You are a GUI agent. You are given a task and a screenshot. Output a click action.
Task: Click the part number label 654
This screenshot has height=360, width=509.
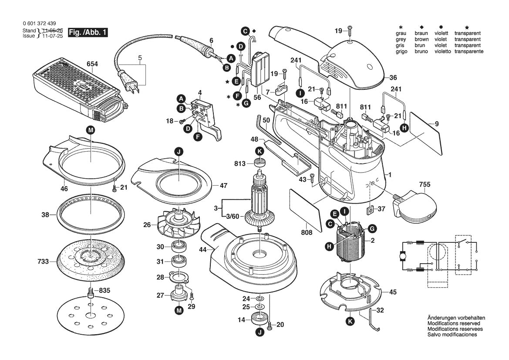click(92, 64)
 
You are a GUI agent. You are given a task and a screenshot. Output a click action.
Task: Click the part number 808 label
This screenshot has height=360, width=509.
click(307, 232)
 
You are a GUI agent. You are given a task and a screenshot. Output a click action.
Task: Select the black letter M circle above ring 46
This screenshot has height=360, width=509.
click(90, 130)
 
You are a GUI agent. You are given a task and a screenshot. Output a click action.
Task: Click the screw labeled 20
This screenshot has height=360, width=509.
click(270, 324)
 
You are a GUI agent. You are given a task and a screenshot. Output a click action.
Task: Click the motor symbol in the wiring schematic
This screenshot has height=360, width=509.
click(401, 257)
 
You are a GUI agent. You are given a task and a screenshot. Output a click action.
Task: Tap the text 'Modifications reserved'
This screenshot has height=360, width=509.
click(454, 323)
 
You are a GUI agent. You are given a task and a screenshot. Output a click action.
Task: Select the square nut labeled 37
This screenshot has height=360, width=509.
click(370, 210)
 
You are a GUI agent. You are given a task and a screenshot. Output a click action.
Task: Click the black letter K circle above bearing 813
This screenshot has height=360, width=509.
click(260, 151)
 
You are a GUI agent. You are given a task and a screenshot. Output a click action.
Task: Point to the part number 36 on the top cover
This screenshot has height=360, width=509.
click(393, 78)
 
